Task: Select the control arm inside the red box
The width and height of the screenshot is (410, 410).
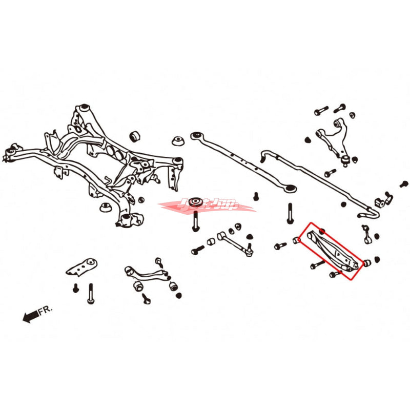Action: (x=330, y=251)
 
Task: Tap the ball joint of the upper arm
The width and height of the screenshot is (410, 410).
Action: (x=347, y=160)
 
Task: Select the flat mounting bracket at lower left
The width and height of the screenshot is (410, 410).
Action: (x=83, y=266)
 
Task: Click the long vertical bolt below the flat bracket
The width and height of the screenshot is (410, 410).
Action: (x=91, y=294)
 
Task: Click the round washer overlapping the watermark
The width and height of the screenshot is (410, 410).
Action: (x=195, y=201)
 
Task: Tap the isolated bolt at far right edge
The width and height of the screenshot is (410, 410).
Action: (x=404, y=183)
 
